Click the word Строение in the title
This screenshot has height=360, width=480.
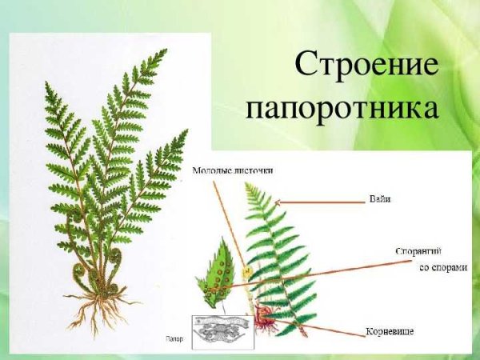point(367,65)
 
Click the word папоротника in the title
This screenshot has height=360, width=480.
point(342,107)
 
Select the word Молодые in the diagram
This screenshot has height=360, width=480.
point(215,170)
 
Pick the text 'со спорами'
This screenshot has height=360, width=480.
point(442,267)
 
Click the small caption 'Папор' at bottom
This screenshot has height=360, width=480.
point(175,338)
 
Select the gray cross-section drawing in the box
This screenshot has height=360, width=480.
point(222,330)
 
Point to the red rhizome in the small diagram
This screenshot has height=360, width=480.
point(266,322)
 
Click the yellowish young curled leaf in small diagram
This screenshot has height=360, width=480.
point(247,272)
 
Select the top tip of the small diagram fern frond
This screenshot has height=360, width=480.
point(249,186)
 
